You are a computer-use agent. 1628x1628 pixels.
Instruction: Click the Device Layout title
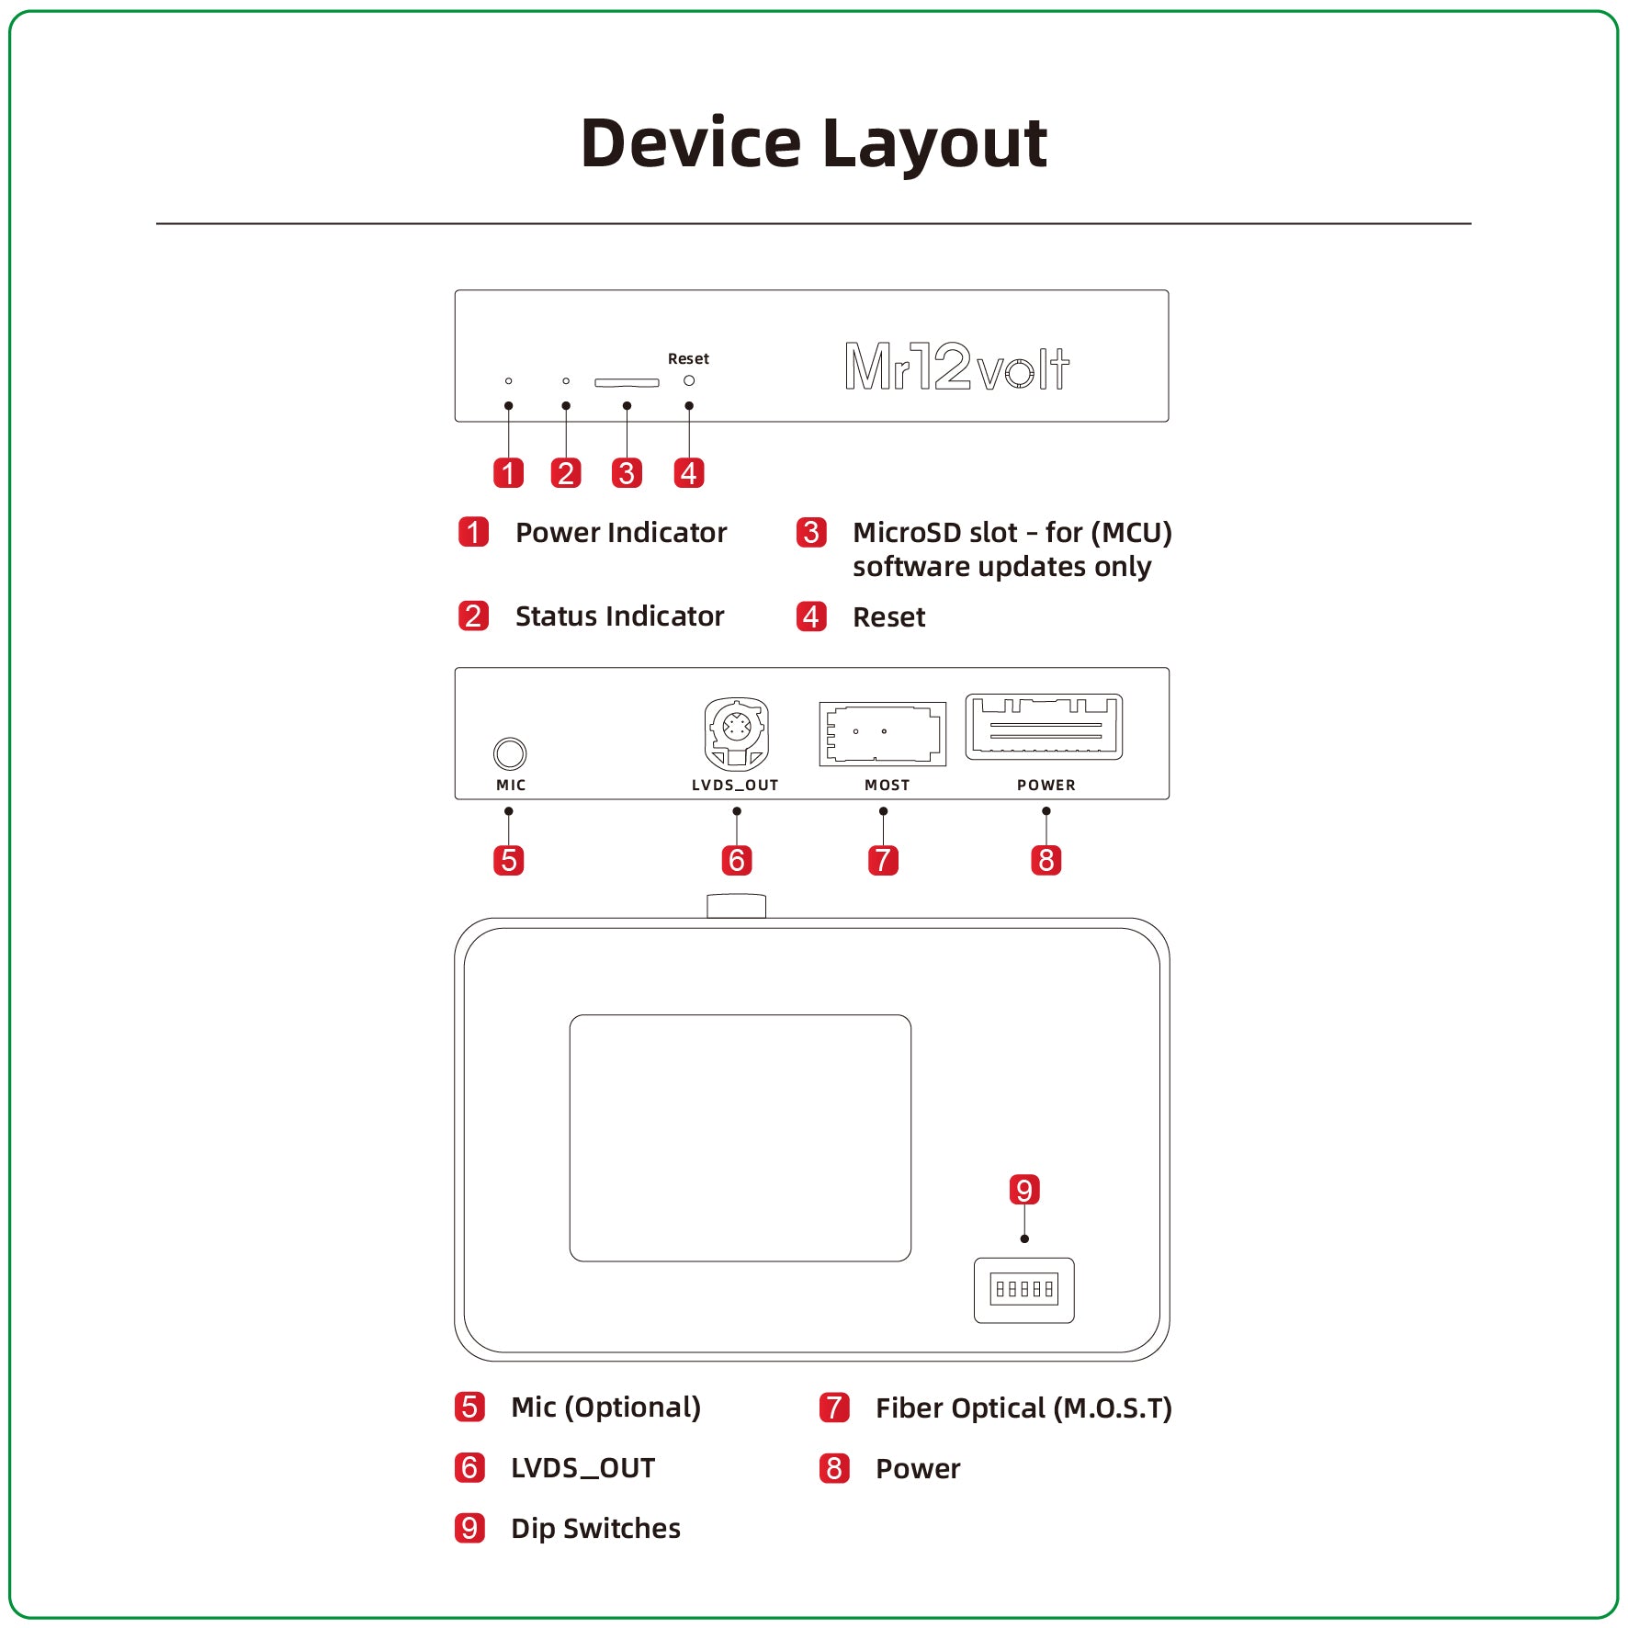(x=813, y=144)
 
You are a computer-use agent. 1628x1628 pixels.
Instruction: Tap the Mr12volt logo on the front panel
(x=956, y=367)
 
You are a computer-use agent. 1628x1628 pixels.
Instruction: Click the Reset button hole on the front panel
(x=689, y=380)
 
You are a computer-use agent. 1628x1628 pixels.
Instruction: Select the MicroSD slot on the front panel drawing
(x=627, y=382)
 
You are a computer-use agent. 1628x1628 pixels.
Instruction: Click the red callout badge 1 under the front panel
(x=508, y=473)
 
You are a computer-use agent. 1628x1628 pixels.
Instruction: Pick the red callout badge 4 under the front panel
(x=689, y=473)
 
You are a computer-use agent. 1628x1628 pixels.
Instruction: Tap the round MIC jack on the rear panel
(x=510, y=753)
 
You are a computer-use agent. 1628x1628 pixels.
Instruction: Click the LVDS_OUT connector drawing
(x=736, y=733)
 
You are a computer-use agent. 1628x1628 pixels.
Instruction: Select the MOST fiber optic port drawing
(x=882, y=733)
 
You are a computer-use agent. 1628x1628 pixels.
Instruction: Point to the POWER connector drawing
(x=1044, y=727)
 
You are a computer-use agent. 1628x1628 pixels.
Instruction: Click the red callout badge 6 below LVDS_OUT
(x=736, y=861)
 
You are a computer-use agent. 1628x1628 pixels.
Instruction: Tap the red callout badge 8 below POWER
(x=1046, y=861)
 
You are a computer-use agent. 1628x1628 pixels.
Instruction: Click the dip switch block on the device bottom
(x=1023, y=1289)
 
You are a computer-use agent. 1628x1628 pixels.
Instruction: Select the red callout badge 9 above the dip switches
(x=1023, y=1190)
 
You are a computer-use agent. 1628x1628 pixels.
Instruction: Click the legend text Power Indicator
(x=620, y=533)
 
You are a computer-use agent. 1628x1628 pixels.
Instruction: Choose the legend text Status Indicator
(x=619, y=616)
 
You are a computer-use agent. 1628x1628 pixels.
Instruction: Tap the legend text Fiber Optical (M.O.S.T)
(x=1023, y=1408)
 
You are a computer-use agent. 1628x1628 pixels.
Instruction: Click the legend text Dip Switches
(x=595, y=1528)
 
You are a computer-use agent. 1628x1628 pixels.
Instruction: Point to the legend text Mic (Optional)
(x=605, y=1408)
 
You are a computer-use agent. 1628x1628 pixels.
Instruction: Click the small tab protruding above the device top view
(x=736, y=906)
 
